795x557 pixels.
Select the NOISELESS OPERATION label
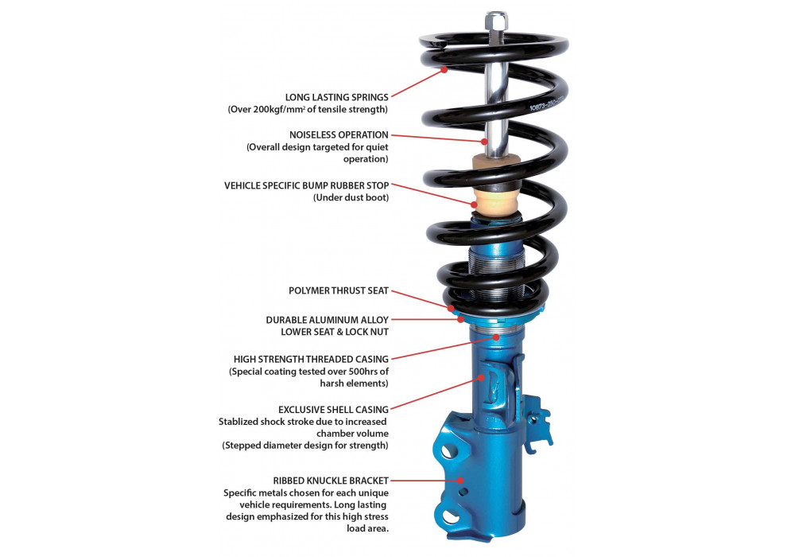(x=339, y=134)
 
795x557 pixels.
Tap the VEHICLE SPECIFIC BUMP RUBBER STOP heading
(x=307, y=185)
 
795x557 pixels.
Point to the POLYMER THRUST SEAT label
(x=339, y=291)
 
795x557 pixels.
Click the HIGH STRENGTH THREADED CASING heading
(x=311, y=359)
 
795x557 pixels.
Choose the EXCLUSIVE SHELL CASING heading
(x=333, y=409)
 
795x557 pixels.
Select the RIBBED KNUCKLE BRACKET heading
(x=331, y=481)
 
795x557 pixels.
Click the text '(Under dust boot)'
(x=351, y=197)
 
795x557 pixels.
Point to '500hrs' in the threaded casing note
(x=356, y=371)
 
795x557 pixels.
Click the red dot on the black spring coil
(x=445, y=70)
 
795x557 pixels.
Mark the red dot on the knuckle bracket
(x=460, y=480)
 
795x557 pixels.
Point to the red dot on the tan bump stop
(x=475, y=204)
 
